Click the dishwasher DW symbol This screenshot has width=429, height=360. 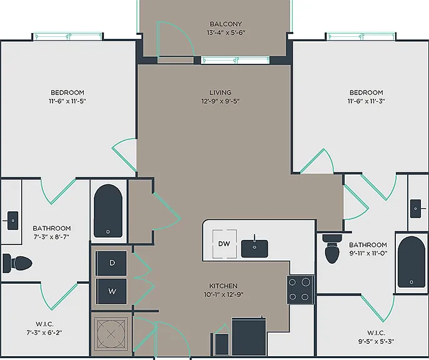click(225, 244)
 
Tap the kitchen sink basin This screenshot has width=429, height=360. click(255, 249)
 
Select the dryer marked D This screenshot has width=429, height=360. click(111, 263)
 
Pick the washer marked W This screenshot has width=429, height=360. click(111, 291)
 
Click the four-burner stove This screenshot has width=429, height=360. click(300, 289)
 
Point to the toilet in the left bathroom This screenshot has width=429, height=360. click(18, 263)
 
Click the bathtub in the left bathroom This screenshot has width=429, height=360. click(108, 211)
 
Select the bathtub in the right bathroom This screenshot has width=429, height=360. click(411, 262)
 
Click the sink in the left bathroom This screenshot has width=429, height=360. click(13, 221)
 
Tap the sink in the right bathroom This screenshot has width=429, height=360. click(416, 209)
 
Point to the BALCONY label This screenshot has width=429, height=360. click(226, 24)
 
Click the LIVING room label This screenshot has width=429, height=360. click(221, 92)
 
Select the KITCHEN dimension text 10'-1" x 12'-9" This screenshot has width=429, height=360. click(223, 294)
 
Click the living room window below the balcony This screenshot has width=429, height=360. click(235, 60)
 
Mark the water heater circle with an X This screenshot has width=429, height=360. click(111, 334)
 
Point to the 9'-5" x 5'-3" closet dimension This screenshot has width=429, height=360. click(376, 341)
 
